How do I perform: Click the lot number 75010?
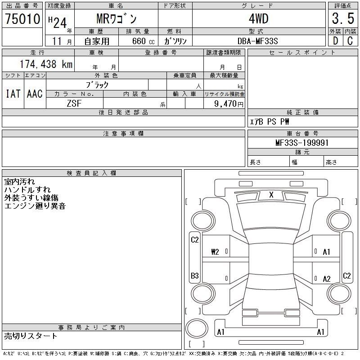(22, 18)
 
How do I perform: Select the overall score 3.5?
(343, 18)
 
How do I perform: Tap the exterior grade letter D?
(335, 41)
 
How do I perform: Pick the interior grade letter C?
(350, 41)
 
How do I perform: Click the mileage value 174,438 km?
(46, 64)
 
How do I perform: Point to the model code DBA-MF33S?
(257, 41)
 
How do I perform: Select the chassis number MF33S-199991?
(302, 143)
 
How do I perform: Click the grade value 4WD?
(258, 18)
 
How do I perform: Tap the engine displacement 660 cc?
(143, 41)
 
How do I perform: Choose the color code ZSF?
(74, 103)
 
